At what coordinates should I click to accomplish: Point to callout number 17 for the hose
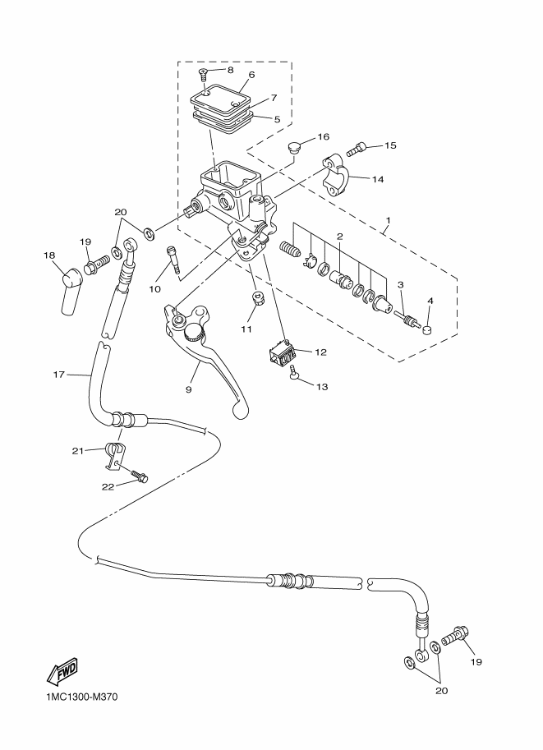click(x=58, y=375)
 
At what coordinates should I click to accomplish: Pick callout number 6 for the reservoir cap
click(x=251, y=75)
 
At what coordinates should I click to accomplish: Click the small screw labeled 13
click(x=293, y=375)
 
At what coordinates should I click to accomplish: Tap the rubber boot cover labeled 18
click(x=70, y=293)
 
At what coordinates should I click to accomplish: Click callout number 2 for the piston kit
click(x=338, y=237)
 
